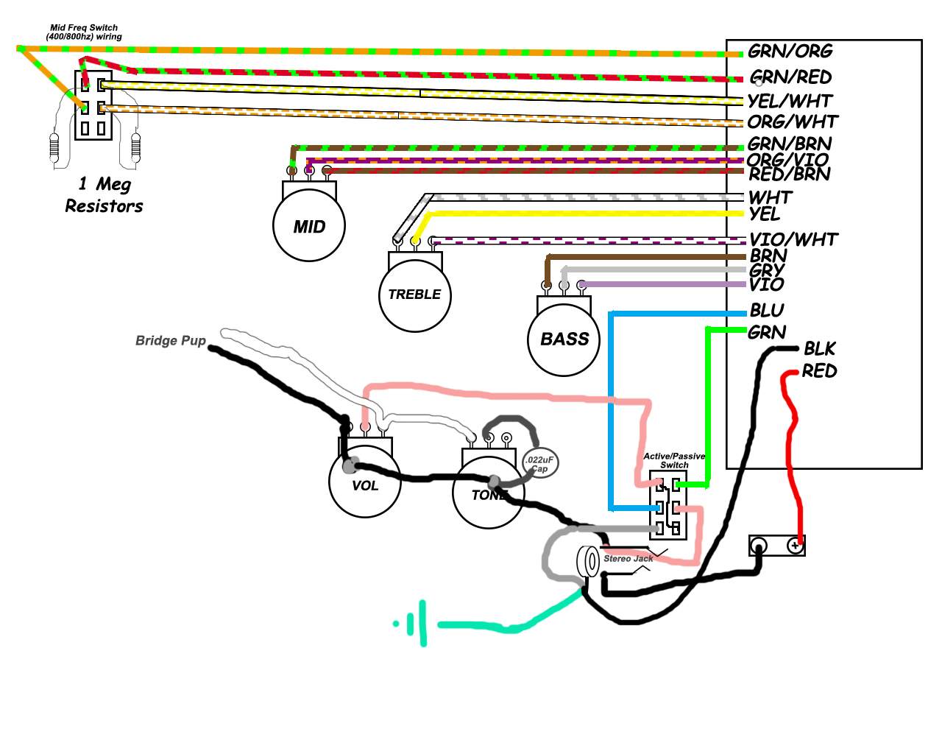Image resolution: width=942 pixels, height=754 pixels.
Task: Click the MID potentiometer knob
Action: pos(309,226)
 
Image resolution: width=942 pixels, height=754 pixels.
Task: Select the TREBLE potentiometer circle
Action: pos(414,296)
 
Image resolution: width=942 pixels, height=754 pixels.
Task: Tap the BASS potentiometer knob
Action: pos(564,339)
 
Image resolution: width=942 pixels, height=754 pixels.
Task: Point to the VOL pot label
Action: pos(365,485)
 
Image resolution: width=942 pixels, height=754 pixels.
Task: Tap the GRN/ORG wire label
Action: pos(790,52)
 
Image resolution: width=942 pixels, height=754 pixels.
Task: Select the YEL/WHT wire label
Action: pos(790,101)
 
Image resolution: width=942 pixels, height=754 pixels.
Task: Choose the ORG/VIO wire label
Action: pos(787,159)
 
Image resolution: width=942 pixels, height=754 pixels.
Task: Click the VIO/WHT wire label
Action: pos(793,239)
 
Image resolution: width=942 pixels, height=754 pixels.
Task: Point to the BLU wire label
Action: pos(767,310)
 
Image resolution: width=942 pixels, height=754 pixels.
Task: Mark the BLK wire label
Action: pos(820,349)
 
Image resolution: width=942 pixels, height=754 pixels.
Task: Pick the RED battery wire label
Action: pos(819,371)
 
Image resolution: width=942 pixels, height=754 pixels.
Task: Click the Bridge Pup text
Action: pos(170,340)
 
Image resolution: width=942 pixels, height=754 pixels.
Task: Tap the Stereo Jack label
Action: pos(628,559)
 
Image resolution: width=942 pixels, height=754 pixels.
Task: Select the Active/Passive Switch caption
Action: pos(674,460)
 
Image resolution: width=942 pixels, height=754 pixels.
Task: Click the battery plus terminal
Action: pos(795,546)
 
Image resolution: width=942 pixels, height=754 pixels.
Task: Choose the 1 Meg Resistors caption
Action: pos(105,195)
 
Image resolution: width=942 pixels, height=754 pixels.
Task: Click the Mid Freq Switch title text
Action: pos(84,32)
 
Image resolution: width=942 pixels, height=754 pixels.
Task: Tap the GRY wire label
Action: pos(766,270)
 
